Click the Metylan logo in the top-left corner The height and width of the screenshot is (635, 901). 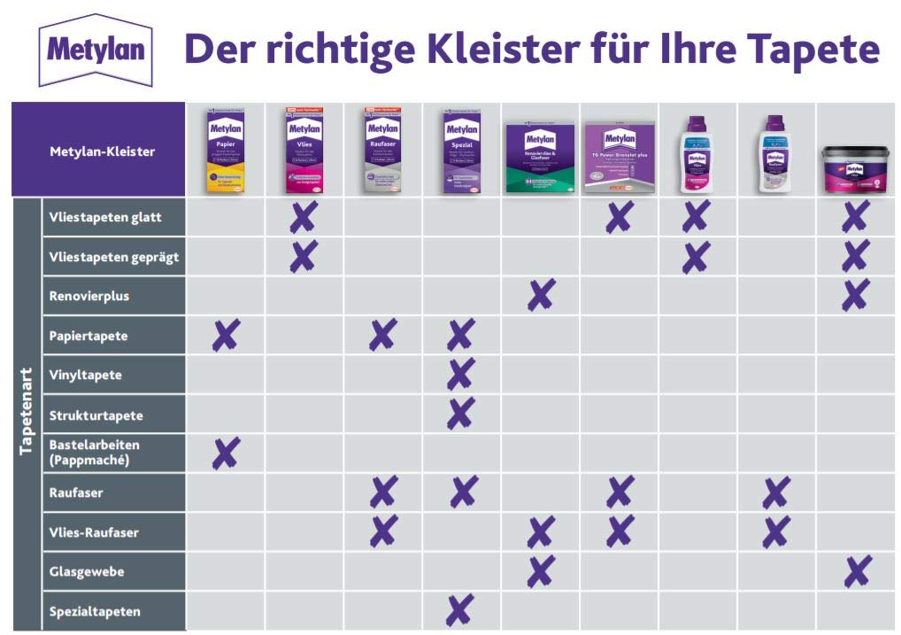(95, 49)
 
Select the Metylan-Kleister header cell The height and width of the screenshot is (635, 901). (102, 151)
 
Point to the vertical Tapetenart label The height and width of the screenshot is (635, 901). (27, 412)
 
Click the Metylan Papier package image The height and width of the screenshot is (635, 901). (225, 151)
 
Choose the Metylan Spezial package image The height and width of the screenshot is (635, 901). (461, 151)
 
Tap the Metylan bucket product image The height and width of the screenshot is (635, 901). (854, 168)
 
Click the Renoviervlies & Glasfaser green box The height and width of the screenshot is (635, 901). (540, 158)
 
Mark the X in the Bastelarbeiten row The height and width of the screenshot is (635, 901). (226, 453)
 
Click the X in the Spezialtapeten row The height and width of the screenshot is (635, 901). (460, 609)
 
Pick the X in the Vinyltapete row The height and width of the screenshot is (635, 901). (460, 375)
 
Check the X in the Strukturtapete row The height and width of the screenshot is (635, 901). (460, 414)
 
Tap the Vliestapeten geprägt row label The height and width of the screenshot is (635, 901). (113, 257)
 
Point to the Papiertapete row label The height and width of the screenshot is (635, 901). (89, 336)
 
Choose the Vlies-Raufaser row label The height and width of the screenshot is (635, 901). (94, 532)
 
